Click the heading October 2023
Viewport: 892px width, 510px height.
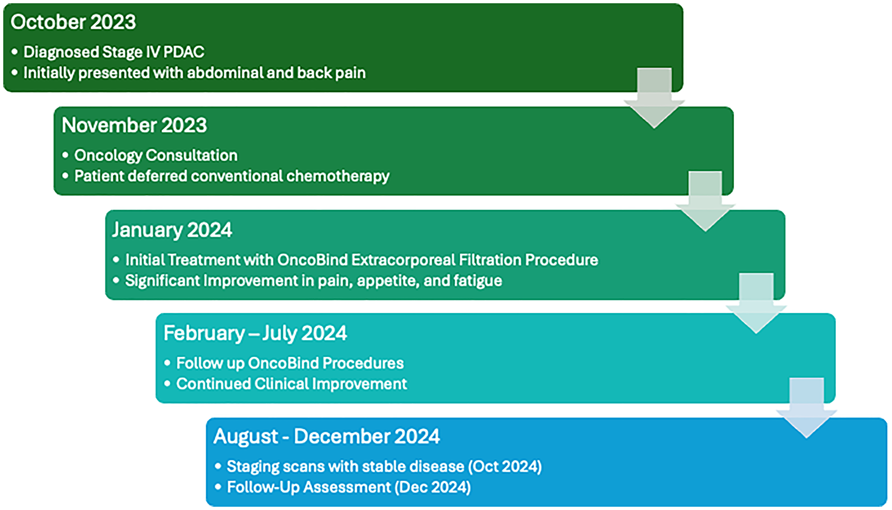tap(73, 22)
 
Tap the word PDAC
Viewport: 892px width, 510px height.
tap(184, 52)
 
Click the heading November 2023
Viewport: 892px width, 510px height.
tap(134, 125)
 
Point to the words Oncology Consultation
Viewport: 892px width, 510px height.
tap(156, 155)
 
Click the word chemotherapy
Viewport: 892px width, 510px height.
tap(338, 176)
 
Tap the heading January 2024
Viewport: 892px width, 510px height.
tap(172, 230)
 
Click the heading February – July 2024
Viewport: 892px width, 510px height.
tap(255, 333)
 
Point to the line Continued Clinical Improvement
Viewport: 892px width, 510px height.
tap(291, 384)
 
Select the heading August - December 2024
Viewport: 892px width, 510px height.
tap(326, 436)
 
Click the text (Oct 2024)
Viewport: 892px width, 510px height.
tap(504, 467)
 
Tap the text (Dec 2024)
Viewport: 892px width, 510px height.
tap(432, 487)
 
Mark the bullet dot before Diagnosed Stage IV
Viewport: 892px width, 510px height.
tap(15, 52)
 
